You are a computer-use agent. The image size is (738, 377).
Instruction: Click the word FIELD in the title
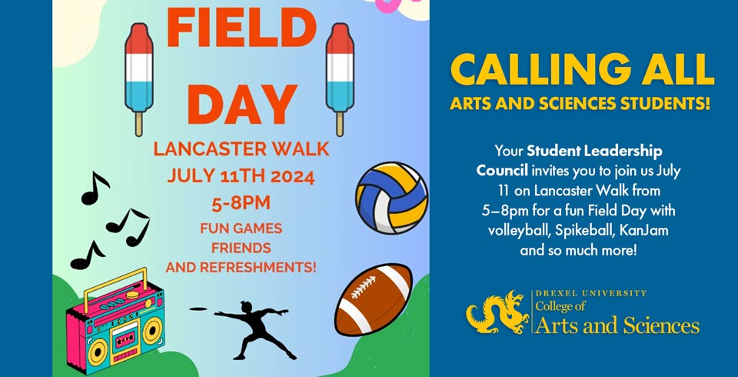[x=241, y=28]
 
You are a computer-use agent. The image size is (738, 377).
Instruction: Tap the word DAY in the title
[x=242, y=104]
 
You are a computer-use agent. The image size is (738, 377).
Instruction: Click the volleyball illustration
[x=391, y=198]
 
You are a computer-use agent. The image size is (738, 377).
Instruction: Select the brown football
[x=374, y=299]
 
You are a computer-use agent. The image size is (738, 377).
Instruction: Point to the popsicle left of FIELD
[x=139, y=79]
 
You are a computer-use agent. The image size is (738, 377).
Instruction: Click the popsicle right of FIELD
[x=340, y=79]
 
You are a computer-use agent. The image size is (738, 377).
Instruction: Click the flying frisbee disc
[x=198, y=309]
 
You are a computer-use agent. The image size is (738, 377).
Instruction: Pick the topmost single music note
[x=95, y=188]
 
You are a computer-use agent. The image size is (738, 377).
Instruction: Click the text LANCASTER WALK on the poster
[x=241, y=149]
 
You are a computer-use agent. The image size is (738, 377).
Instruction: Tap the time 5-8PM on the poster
[x=241, y=203]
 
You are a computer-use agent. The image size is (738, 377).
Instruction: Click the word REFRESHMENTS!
[x=258, y=267]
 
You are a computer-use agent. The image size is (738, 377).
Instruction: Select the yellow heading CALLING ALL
[x=582, y=70]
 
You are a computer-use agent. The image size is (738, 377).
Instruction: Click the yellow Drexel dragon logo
[x=497, y=312]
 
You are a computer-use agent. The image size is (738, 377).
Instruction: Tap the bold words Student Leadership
[x=594, y=152]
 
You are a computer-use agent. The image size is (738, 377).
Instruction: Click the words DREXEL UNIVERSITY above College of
[x=591, y=294]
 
